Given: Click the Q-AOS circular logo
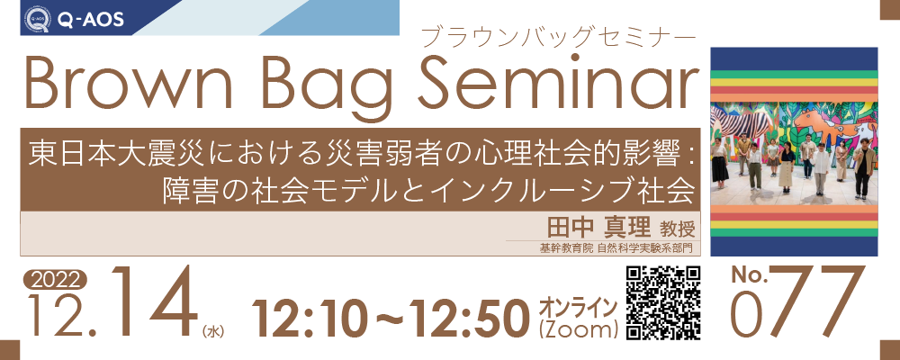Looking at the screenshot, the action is point(37,18).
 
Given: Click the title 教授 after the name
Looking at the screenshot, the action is point(678,229).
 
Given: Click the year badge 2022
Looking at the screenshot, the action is point(55,280).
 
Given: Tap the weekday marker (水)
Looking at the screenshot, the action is point(213,330).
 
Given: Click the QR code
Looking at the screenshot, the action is point(663,302).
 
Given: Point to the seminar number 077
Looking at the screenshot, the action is point(797,302).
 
